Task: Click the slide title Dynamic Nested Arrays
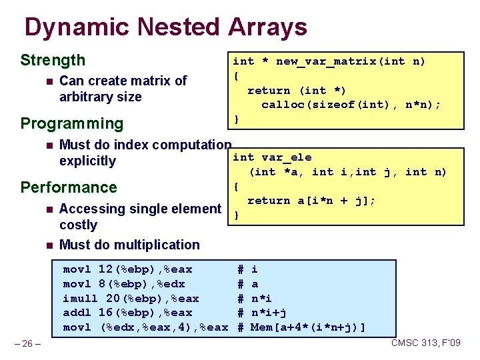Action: pyautogui.click(x=165, y=27)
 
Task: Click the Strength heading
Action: pyautogui.click(x=53, y=61)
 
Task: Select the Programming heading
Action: pyautogui.click(x=72, y=123)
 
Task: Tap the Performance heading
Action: pyautogui.click(x=69, y=187)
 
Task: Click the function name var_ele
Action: pyautogui.click(x=286, y=157)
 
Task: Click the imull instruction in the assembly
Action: pyautogui.click(x=80, y=298)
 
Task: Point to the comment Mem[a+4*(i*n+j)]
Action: pyautogui.click(x=308, y=327)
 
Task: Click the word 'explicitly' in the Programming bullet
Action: pyautogui.click(x=87, y=161)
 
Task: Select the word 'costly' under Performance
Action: pyautogui.click(x=78, y=225)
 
